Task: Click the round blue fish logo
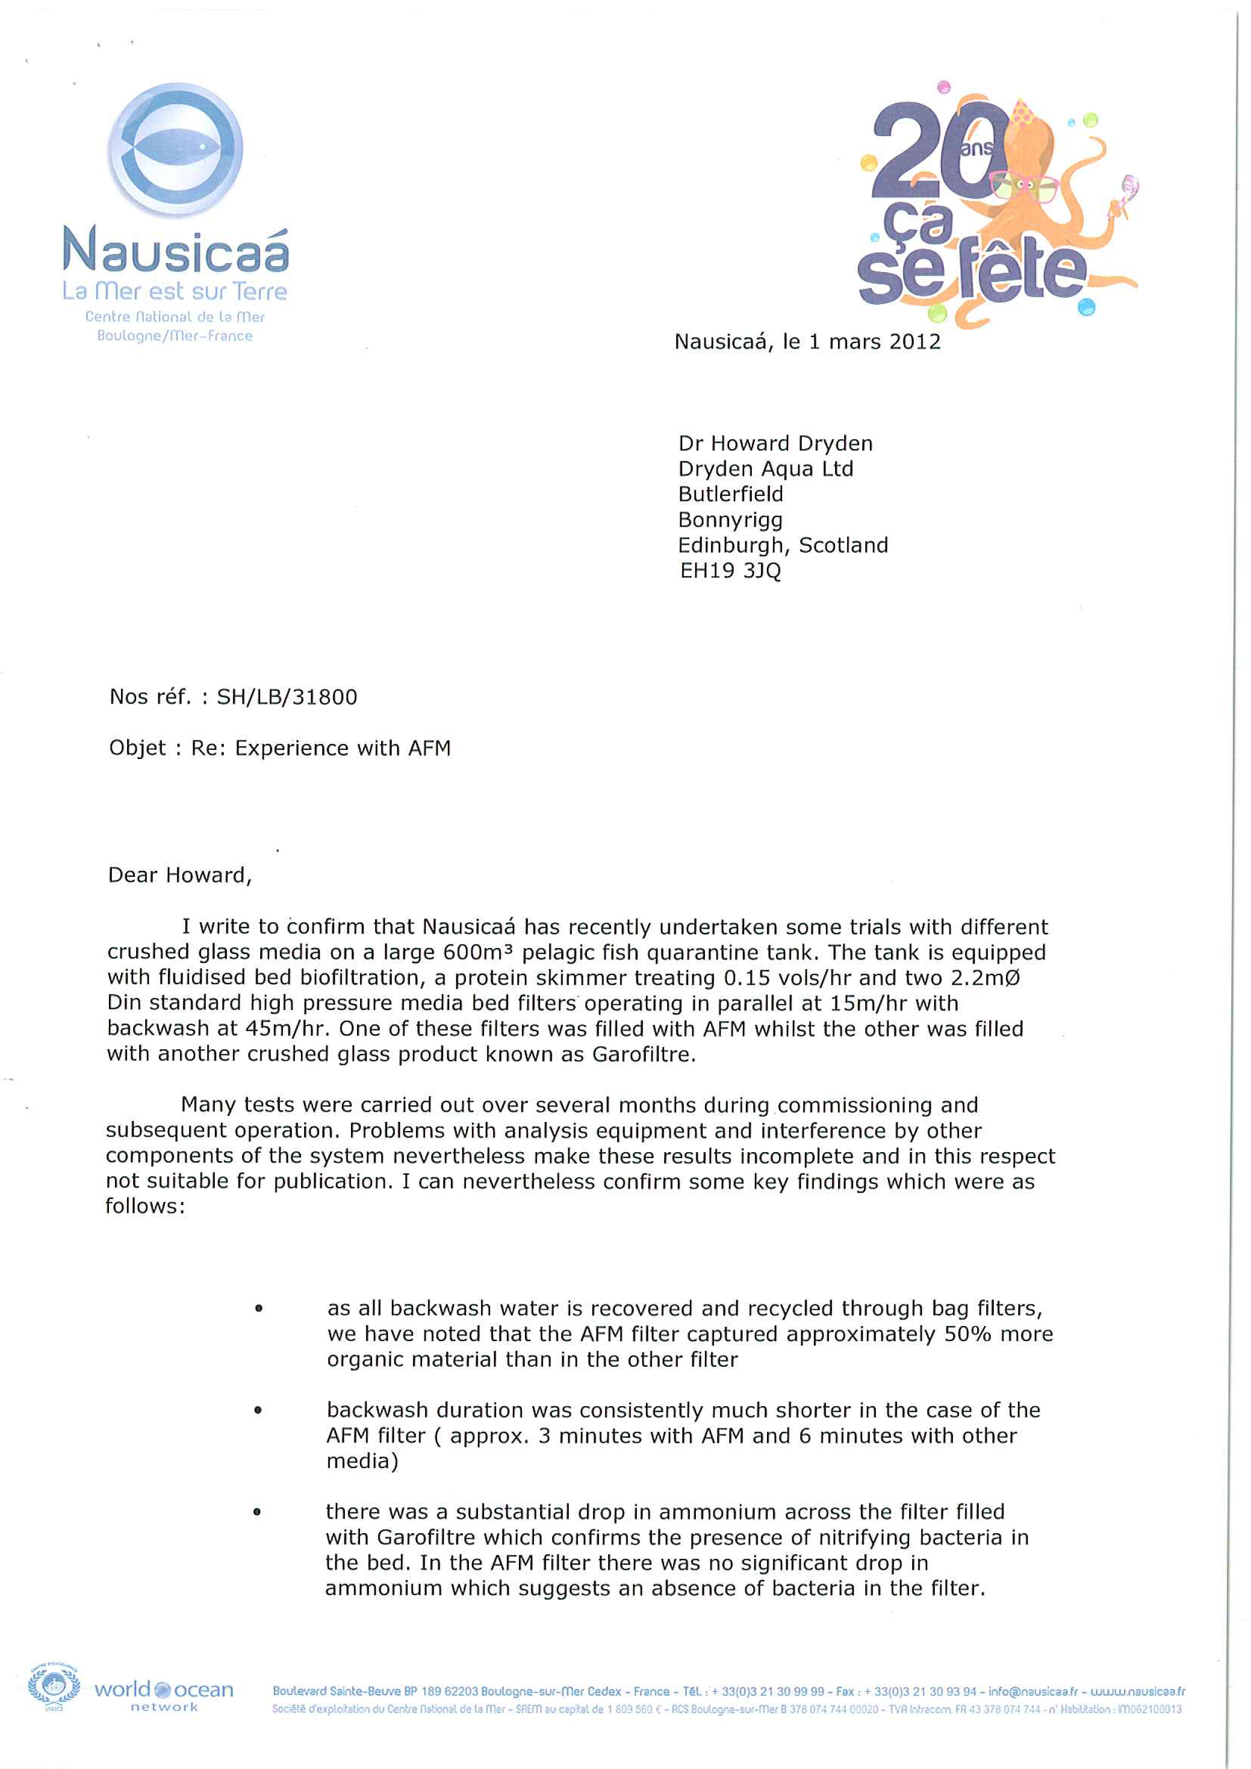click(x=176, y=149)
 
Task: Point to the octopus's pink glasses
click(x=1024, y=186)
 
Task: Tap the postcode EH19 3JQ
click(x=730, y=571)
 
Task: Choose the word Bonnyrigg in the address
click(x=730, y=520)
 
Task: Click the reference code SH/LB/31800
click(x=287, y=698)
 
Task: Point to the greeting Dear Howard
click(x=179, y=875)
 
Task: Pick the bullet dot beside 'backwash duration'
click(x=258, y=1410)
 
